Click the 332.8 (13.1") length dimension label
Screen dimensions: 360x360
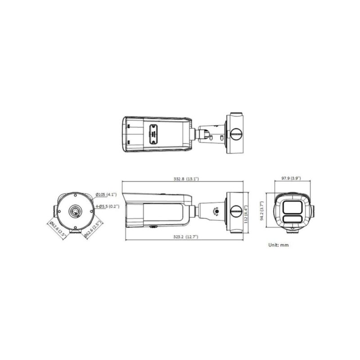[x=186, y=179]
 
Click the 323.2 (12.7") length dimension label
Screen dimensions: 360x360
[x=184, y=237]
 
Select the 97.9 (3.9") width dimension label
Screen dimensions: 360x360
[x=292, y=179]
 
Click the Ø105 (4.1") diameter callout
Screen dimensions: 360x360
[x=106, y=195]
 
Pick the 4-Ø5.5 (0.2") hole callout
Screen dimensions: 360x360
[x=107, y=207]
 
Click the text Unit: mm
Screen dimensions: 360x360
[x=278, y=245]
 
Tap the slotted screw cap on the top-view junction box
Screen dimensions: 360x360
[x=236, y=133]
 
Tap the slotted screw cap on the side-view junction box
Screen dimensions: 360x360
[x=236, y=210]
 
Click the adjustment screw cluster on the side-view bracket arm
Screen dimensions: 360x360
[x=216, y=211]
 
